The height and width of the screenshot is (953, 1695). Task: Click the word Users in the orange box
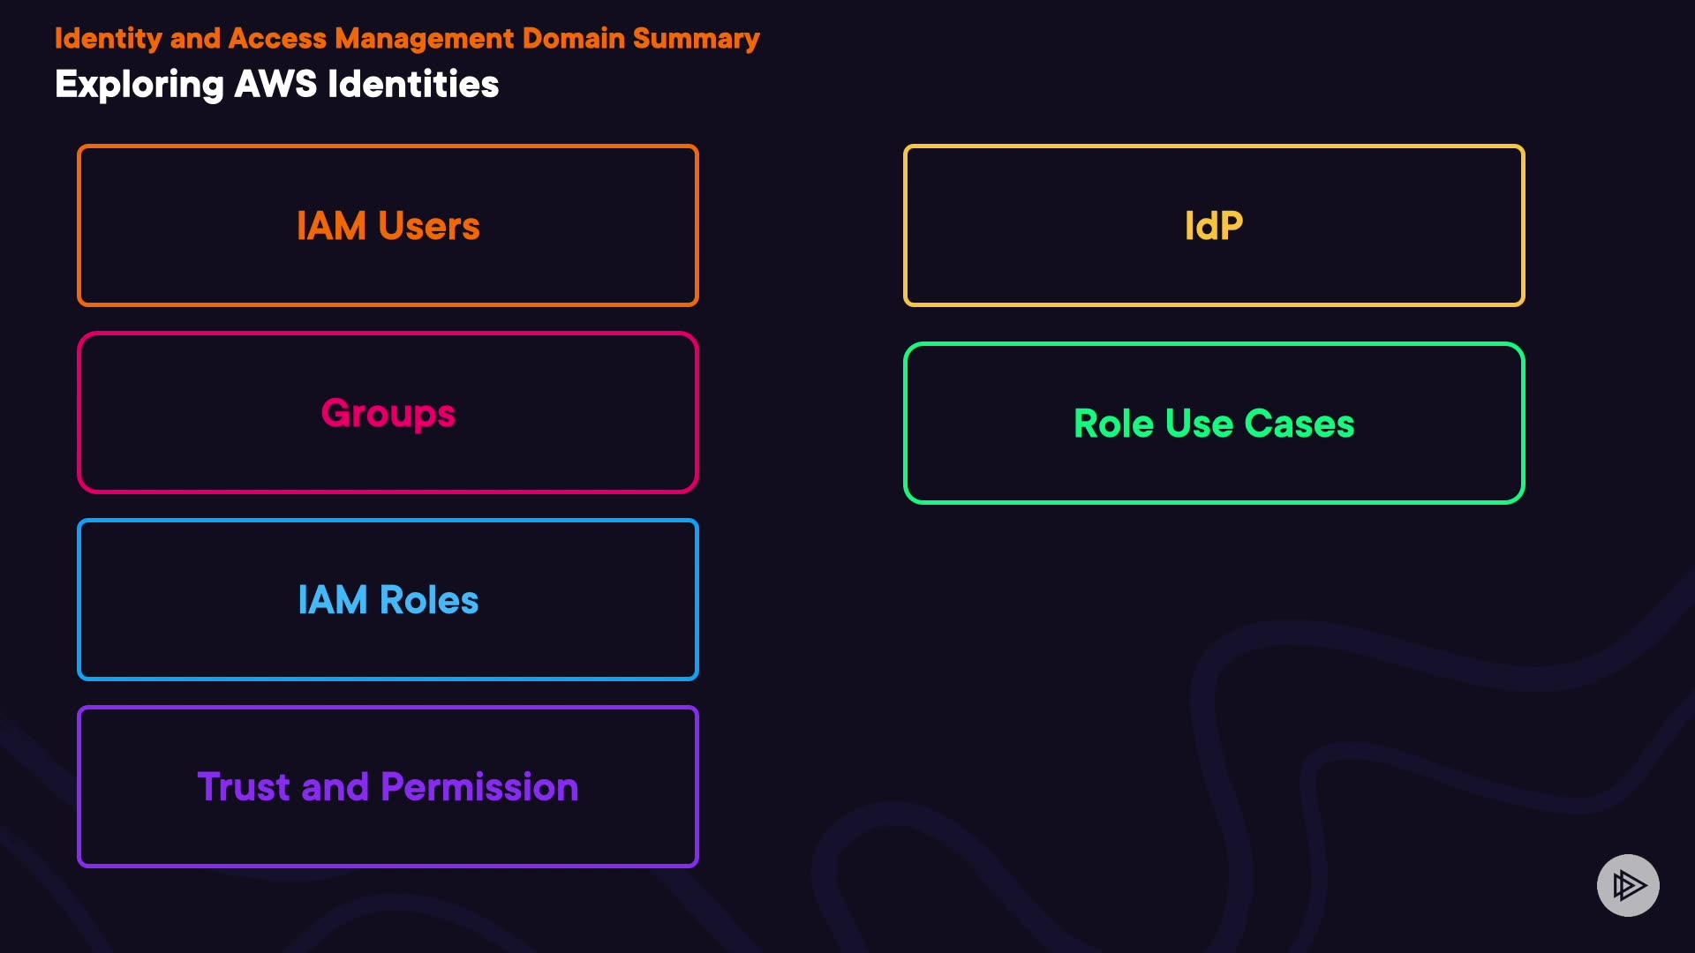[x=429, y=227]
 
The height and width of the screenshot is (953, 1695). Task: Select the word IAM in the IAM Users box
[x=331, y=227]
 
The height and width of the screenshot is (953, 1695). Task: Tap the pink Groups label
[x=388, y=414]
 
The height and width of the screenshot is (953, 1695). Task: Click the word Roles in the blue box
[x=429, y=601]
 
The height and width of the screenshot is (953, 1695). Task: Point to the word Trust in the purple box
[x=244, y=787]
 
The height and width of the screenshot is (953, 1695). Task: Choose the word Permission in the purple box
[x=479, y=787]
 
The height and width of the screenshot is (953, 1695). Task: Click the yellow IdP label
[x=1214, y=227]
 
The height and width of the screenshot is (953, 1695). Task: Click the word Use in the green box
[x=1199, y=424]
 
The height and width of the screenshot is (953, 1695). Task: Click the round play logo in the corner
[x=1628, y=885]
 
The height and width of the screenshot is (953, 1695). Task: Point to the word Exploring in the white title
[x=139, y=86]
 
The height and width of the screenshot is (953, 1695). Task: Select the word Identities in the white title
[x=413, y=85]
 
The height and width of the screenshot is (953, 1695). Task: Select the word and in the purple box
[x=335, y=787]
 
